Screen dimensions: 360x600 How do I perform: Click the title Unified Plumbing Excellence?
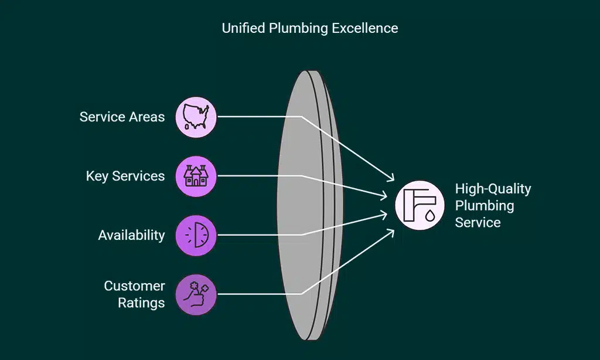(309, 28)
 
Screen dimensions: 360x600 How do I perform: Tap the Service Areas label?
(122, 117)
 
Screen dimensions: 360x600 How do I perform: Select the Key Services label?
(125, 176)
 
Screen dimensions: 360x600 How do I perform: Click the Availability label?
(131, 235)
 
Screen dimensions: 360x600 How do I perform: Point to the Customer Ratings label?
(134, 294)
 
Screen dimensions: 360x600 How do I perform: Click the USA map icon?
(196, 117)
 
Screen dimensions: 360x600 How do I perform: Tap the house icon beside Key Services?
(196, 176)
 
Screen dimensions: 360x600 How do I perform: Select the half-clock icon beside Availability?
(196, 235)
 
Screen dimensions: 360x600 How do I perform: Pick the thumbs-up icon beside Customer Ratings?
(196, 294)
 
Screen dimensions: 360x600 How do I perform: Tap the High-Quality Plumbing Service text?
(492, 205)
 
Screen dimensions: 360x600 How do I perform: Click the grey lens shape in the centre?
(305, 205)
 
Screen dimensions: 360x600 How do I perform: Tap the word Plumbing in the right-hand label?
(485, 206)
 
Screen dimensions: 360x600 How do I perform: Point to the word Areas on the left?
(148, 117)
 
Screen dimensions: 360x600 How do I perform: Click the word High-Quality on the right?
(493, 189)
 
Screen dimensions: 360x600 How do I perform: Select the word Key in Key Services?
(96, 176)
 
